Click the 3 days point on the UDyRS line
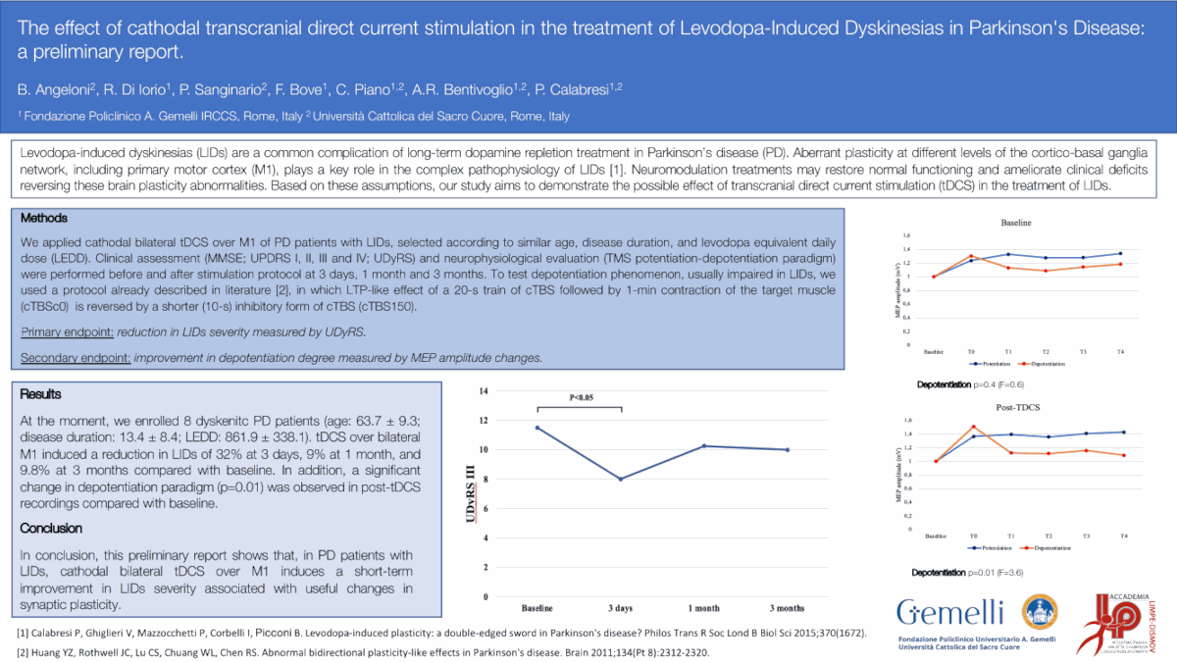621,479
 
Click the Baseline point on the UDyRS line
537,428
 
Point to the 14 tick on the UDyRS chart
483,391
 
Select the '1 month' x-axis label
703,609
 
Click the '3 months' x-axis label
787,609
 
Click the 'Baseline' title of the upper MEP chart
1016,223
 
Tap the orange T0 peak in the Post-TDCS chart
973,427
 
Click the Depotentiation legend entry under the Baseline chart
1045,364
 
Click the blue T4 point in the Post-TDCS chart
1123,433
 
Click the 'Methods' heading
43,218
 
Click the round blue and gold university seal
1041,613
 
